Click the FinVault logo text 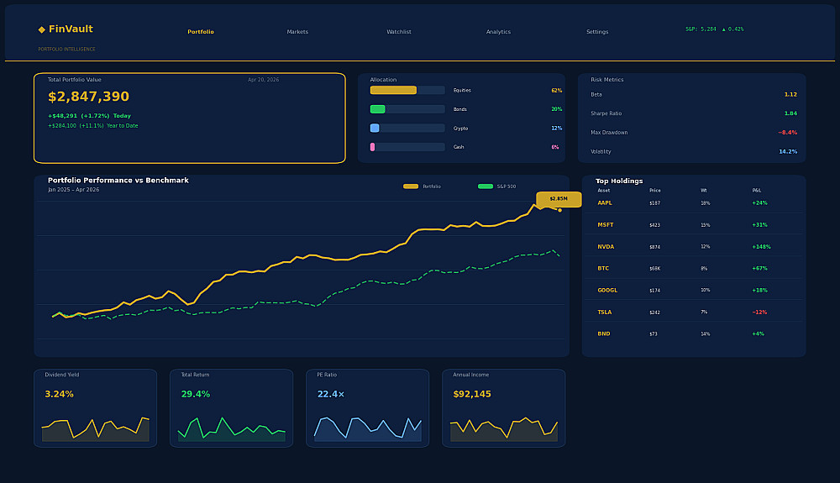[70, 29]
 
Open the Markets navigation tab [297, 32]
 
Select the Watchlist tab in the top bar [398, 32]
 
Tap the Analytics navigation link [498, 32]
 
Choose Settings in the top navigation [597, 32]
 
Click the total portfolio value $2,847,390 [88, 97]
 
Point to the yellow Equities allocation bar [393, 90]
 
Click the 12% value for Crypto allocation [556, 129]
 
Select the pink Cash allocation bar [373, 147]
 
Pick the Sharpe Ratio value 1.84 [790, 113]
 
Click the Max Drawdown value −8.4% [787, 133]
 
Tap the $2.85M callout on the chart [559, 199]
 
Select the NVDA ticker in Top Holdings [606, 247]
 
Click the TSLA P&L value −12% [759, 312]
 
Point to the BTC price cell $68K [654, 269]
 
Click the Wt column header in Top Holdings [704, 191]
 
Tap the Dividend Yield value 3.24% [59, 394]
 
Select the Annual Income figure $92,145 [472, 394]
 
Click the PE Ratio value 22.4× [330, 394]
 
